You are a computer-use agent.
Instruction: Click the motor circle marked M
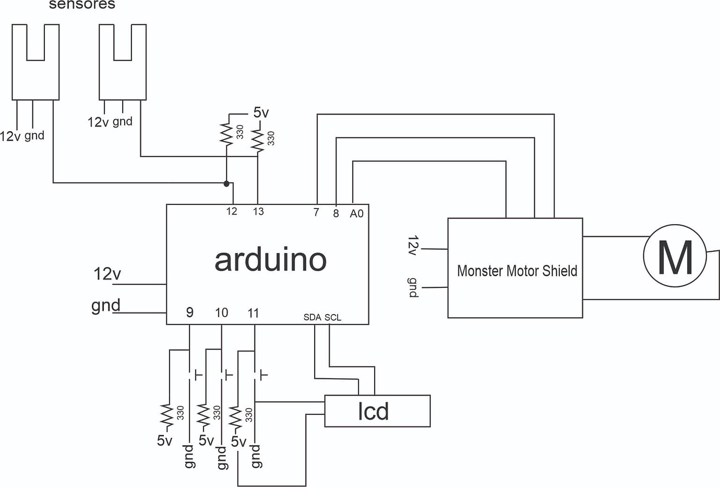[675, 256]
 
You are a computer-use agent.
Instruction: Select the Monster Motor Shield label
[517, 271]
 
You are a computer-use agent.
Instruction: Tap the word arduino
[270, 260]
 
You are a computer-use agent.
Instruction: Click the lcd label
[373, 411]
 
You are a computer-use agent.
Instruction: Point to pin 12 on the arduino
[232, 211]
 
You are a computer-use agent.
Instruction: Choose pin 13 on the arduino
[258, 211]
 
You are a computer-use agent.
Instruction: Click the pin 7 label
[316, 212]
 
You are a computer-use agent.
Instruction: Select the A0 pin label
[356, 213]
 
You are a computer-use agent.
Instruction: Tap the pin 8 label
[336, 213]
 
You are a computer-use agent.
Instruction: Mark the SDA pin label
[312, 317]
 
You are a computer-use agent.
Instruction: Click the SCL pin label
[333, 317]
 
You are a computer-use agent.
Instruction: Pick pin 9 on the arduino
[190, 312]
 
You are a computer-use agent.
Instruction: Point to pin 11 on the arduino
[253, 312]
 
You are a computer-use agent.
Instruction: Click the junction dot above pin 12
[226, 183]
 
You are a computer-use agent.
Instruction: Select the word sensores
[82, 5]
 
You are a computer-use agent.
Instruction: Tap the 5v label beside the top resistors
[261, 112]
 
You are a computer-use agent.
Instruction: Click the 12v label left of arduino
[107, 273]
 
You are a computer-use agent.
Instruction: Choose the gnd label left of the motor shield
[412, 287]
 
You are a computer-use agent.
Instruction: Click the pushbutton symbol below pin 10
[225, 375]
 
